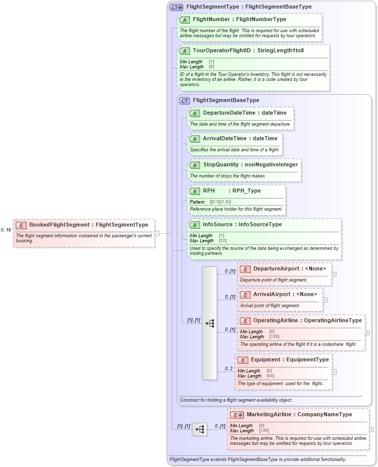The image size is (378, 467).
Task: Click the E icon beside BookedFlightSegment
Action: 21,225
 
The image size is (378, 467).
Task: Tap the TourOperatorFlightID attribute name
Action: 221,51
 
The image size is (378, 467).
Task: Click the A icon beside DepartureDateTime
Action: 195,113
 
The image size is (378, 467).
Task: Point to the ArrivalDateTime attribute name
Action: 224,138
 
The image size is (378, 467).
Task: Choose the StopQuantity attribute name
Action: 220,164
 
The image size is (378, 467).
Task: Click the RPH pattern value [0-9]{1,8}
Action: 220,202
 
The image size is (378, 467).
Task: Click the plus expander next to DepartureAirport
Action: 334,274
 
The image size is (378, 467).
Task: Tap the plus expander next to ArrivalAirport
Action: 325,300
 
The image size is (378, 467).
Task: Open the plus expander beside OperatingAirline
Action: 367,333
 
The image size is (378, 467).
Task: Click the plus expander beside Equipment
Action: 335,372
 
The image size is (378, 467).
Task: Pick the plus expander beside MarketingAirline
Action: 371,429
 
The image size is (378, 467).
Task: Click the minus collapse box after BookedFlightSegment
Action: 157,233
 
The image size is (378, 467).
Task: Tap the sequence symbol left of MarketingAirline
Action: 200,429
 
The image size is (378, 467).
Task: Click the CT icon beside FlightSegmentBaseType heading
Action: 184,101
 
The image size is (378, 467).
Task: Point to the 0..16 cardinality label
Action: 6,230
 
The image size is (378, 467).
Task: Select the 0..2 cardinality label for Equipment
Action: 229,369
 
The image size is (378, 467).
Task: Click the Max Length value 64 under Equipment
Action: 270,376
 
